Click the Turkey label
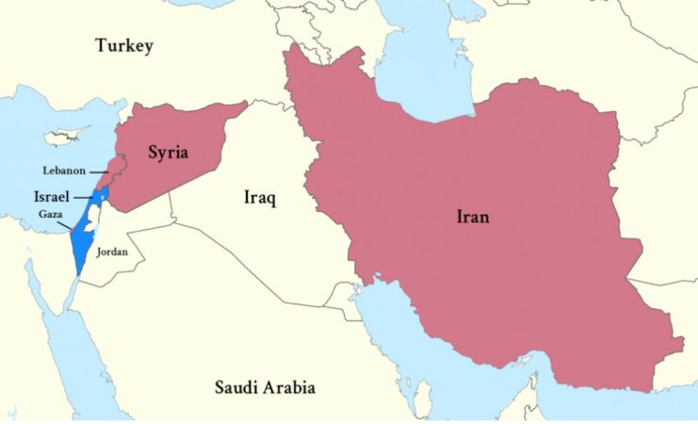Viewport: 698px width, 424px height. pos(123,46)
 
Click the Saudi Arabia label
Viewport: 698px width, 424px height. pos(265,387)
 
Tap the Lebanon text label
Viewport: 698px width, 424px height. pos(64,171)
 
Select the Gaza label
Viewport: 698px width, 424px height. pos(52,216)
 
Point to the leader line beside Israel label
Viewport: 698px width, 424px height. pos(83,201)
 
